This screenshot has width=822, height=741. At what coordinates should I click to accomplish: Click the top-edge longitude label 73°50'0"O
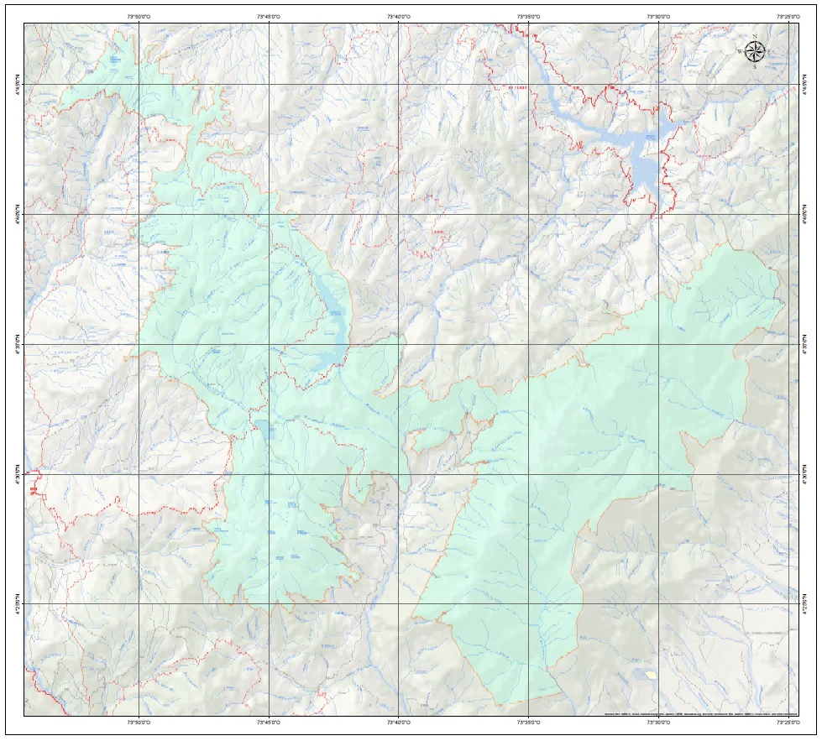click(x=139, y=16)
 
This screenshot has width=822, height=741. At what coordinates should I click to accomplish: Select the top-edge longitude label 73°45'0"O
click(x=268, y=16)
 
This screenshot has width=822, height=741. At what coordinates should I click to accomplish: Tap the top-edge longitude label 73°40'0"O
click(x=398, y=16)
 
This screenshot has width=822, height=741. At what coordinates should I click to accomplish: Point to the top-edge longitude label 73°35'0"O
click(x=528, y=16)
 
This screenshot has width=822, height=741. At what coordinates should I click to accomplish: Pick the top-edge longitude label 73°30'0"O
click(x=658, y=16)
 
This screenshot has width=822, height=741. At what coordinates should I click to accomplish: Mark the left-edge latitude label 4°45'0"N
click(x=17, y=84)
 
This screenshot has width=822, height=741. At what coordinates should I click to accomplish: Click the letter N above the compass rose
click(x=755, y=37)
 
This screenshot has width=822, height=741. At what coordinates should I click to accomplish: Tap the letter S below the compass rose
click(x=755, y=67)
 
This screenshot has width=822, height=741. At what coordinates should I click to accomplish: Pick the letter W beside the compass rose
click(x=740, y=52)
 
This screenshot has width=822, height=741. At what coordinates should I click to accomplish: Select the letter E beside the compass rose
click(x=770, y=52)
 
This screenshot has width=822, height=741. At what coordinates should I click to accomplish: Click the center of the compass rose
click(x=755, y=52)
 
